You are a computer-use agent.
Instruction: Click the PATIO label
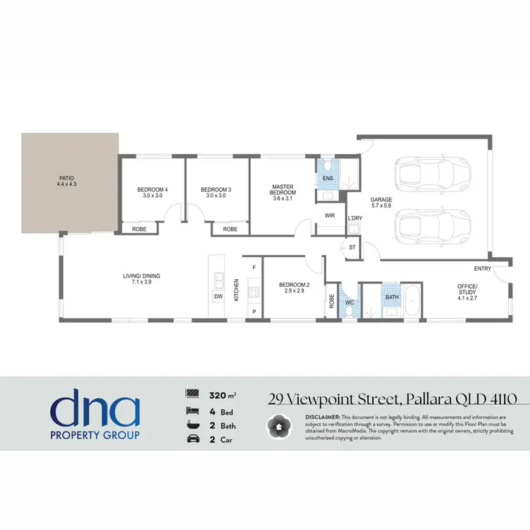[65, 178]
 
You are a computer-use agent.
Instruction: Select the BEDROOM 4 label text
[153, 189]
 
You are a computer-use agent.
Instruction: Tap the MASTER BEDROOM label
[283, 190]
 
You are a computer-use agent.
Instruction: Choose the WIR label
[329, 216]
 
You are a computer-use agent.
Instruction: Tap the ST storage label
[353, 247]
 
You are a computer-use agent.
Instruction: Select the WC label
[348, 303]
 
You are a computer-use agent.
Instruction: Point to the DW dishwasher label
[219, 296]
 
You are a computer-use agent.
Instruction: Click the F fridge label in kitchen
[254, 268]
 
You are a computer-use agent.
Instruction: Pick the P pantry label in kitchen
[254, 312]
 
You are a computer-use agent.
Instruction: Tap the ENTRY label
[483, 269]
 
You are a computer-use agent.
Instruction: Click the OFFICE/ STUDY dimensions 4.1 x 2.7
[467, 299]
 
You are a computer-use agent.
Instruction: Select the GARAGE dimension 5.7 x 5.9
[382, 206]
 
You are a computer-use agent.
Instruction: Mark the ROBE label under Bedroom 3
[230, 230]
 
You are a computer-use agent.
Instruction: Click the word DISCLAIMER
[323, 418]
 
